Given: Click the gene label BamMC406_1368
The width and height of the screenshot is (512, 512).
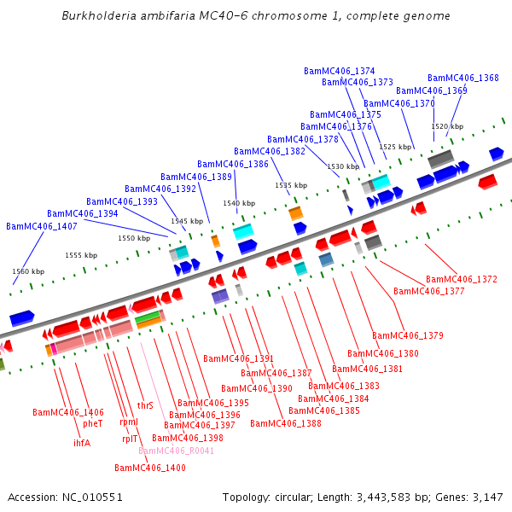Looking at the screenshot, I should (463, 78).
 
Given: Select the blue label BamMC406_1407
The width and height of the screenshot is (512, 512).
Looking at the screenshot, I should (42, 226).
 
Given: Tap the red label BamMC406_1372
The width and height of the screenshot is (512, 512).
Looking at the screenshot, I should (462, 279).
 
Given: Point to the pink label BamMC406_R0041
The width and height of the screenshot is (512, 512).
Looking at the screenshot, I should (177, 451).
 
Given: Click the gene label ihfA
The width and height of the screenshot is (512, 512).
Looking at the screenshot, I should (82, 443).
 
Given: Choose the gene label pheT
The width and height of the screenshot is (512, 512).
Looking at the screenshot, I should (93, 423).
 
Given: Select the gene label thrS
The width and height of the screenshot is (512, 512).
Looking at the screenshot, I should (145, 405).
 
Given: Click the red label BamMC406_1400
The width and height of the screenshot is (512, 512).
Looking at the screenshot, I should (150, 468).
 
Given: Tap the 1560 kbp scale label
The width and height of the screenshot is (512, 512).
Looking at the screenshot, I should (26, 271).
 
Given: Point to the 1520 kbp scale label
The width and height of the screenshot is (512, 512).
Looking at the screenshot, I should (447, 126).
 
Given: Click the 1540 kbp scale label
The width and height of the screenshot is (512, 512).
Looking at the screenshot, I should (239, 203).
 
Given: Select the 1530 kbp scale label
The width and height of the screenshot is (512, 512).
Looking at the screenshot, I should (343, 166).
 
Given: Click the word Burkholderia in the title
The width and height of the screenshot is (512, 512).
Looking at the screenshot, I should (100, 16).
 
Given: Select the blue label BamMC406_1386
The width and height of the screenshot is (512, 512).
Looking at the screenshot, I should (233, 164).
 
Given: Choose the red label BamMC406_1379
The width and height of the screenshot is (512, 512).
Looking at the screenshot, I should (408, 335).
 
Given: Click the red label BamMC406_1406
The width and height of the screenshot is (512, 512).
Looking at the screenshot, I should (68, 412).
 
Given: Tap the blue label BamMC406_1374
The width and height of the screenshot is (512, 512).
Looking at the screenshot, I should (340, 71).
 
